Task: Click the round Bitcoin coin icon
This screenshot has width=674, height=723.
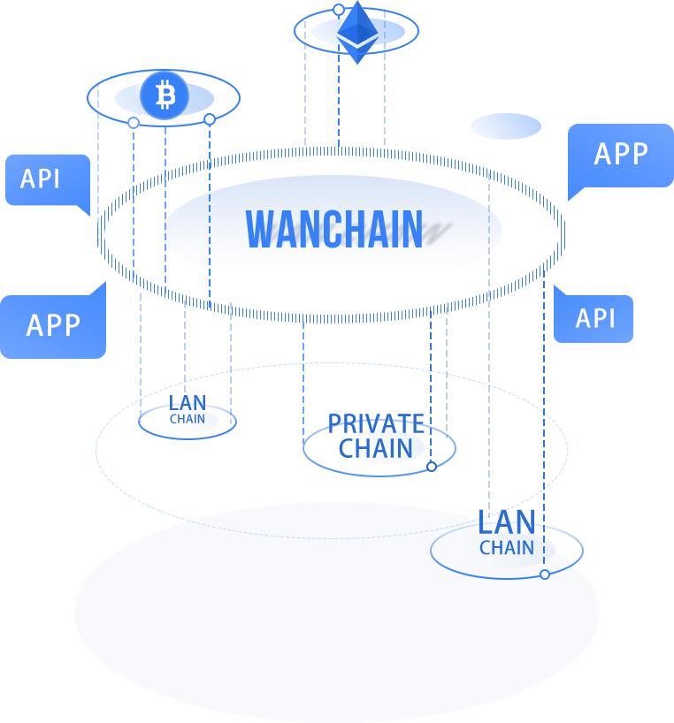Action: point(165,95)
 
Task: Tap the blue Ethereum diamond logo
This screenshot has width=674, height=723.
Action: point(357,33)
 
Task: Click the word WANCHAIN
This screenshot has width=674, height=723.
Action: point(334,229)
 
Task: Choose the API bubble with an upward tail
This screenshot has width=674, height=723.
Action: point(594,318)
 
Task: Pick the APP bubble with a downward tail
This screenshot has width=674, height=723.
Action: point(620,156)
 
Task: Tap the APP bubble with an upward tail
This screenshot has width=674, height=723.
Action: point(53,326)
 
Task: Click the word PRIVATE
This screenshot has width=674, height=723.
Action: point(376,423)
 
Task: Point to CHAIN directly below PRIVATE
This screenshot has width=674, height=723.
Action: point(376,448)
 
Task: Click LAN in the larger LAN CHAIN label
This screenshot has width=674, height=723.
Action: point(507,522)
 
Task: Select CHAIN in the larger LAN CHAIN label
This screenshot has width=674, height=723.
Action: point(507,547)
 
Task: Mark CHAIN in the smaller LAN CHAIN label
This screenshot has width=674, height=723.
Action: point(188,419)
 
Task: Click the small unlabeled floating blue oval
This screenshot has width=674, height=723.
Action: point(505,126)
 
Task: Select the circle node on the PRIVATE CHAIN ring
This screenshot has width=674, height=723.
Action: point(432,467)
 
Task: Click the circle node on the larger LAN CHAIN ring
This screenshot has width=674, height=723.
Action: point(545,575)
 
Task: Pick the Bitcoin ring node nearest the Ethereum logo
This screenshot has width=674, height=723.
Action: point(210,119)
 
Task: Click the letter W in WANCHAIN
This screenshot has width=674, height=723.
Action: point(261,229)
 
